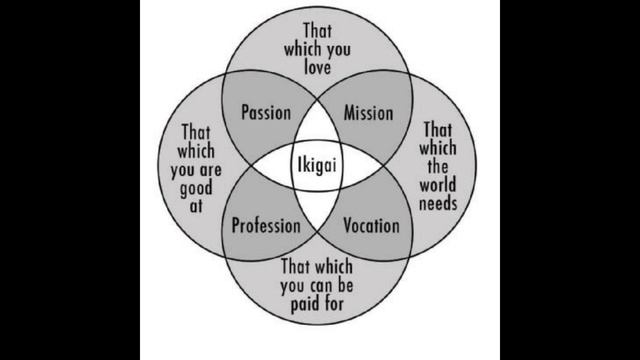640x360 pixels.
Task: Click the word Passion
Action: coord(266,113)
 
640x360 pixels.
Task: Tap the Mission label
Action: coord(368,113)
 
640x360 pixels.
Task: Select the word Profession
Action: coord(266,226)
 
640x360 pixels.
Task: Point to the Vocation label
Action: coord(371,226)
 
